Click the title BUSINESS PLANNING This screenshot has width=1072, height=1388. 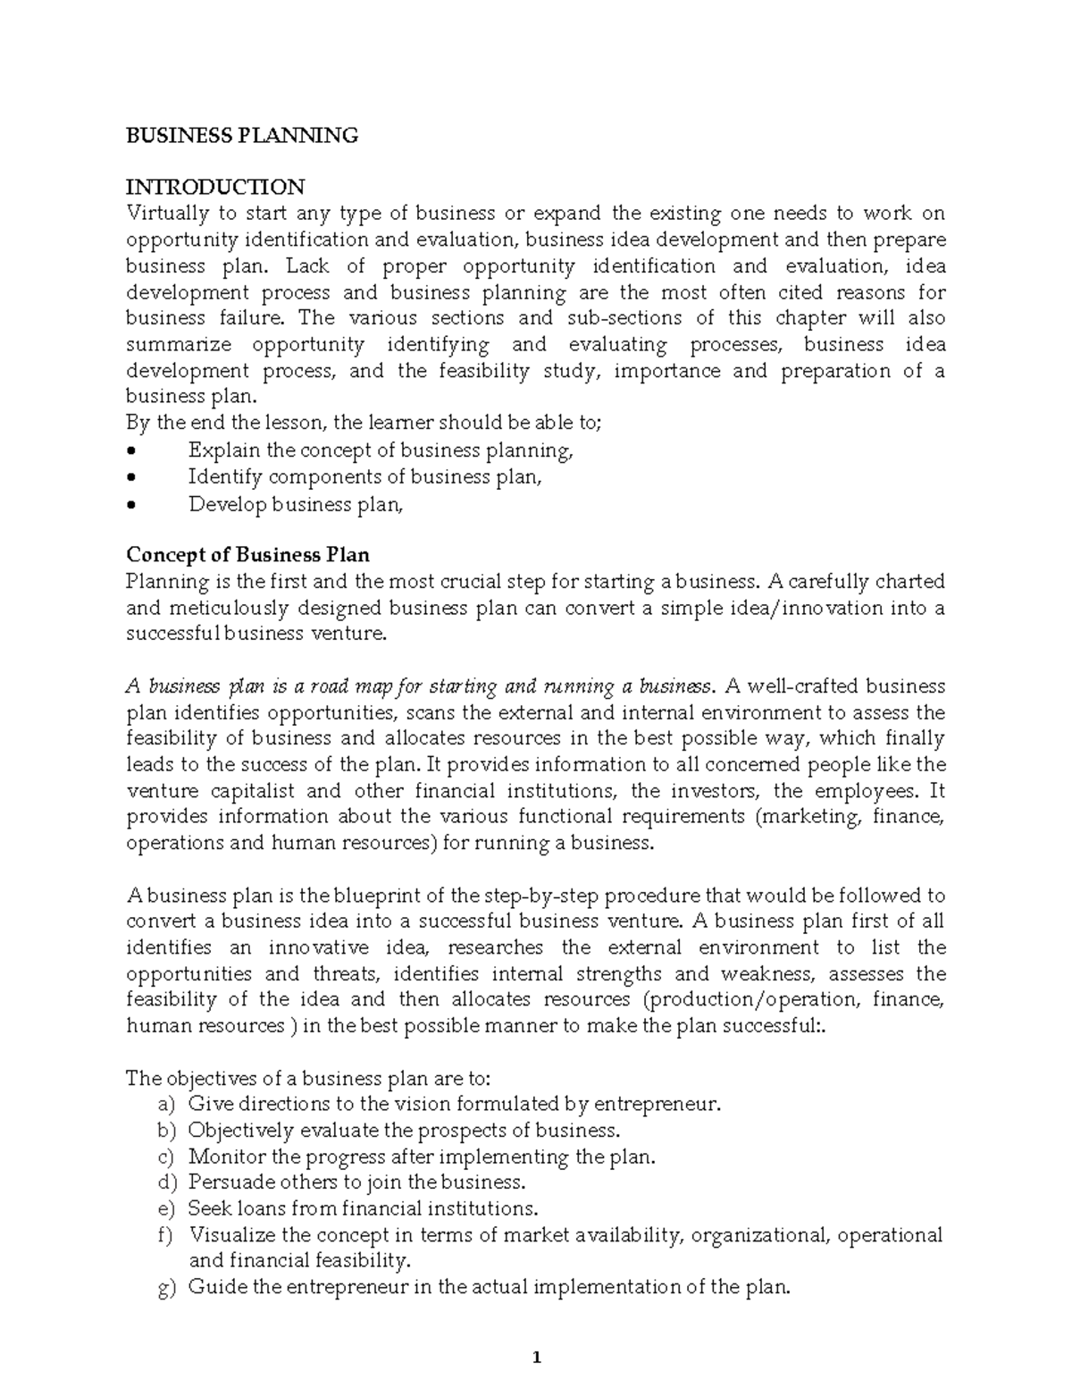tap(241, 135)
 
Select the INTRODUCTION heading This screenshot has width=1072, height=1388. tap(214, 187)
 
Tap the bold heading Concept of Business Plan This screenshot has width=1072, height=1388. tap(247, 555)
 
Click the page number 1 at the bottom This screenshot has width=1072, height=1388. tap(537, 1359)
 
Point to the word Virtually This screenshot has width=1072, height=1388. tap(166, 214)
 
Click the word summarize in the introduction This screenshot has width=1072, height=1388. tap(179, 345)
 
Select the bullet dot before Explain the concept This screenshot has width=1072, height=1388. tap(131, 451)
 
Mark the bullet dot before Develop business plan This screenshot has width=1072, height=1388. tap(131, 505)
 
